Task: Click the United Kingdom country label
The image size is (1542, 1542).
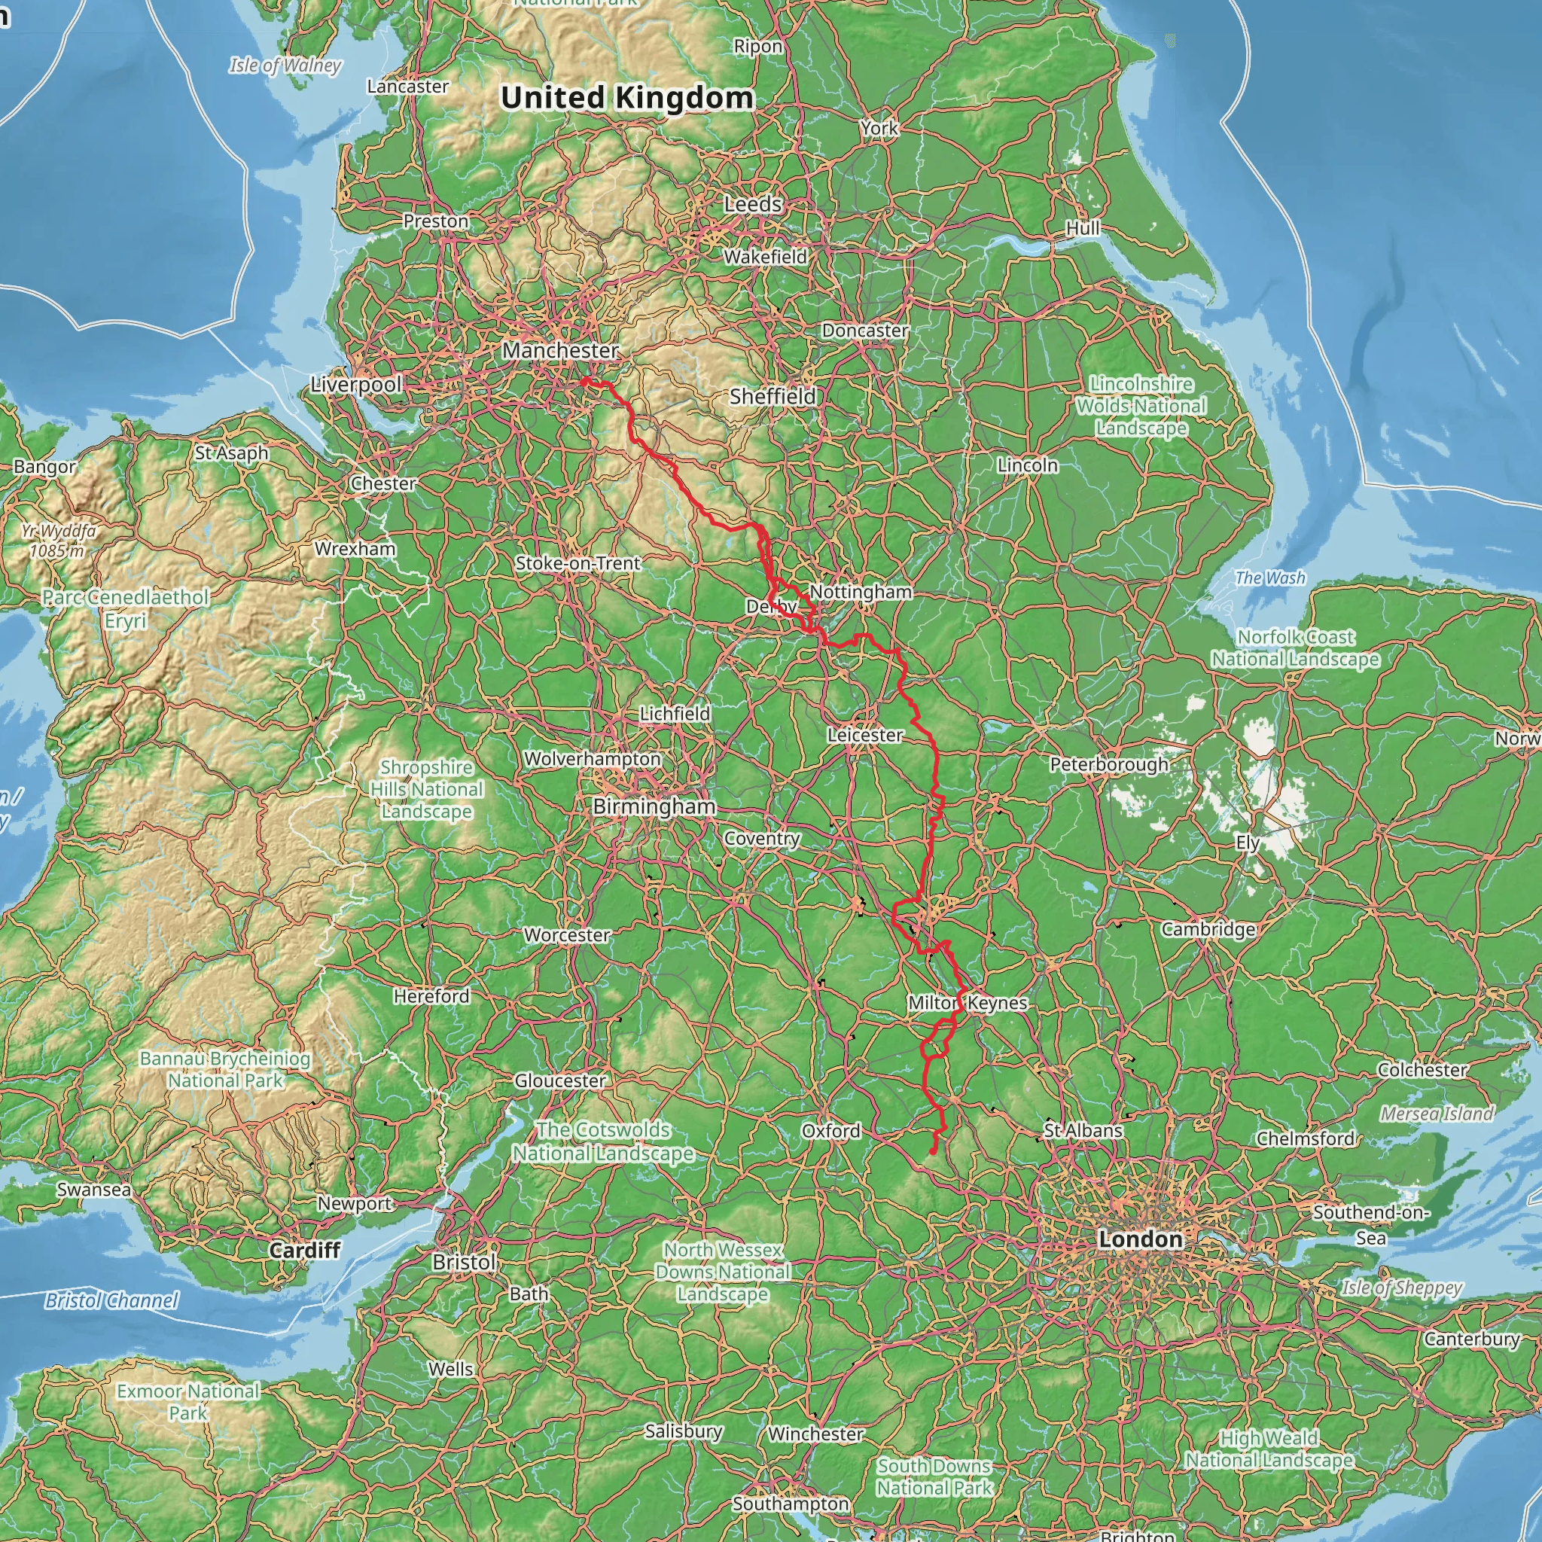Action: click(626, 98)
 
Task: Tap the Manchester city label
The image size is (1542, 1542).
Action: click(560, 350)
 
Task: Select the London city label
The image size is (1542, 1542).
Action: click(1140, 1239)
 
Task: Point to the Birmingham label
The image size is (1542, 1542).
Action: click(654, 806)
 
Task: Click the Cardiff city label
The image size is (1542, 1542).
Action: click(304, 1250)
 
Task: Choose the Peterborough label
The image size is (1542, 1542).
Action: click(1108, 765)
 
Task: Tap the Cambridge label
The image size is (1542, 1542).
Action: click(1208, 929)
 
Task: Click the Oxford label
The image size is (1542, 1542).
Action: click(831, 1131)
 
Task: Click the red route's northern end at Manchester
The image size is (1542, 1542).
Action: click(584, 382)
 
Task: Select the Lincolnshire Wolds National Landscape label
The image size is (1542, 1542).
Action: click(1141, 406)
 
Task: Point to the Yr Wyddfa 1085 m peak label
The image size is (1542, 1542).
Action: click(58, 541)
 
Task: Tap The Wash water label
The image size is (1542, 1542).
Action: click(1270, 577)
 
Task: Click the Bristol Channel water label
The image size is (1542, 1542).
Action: click(111, 1301)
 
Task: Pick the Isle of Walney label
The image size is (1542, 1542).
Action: click(285, 66)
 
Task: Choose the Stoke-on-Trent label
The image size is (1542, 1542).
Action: click(577, 563)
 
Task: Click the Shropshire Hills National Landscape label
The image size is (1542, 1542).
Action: click(426, 788)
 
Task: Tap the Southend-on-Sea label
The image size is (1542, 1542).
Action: click(1370, 1224)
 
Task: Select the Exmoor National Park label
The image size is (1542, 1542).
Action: click(187, 1401)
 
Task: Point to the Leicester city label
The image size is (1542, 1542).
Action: click(864, 734)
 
